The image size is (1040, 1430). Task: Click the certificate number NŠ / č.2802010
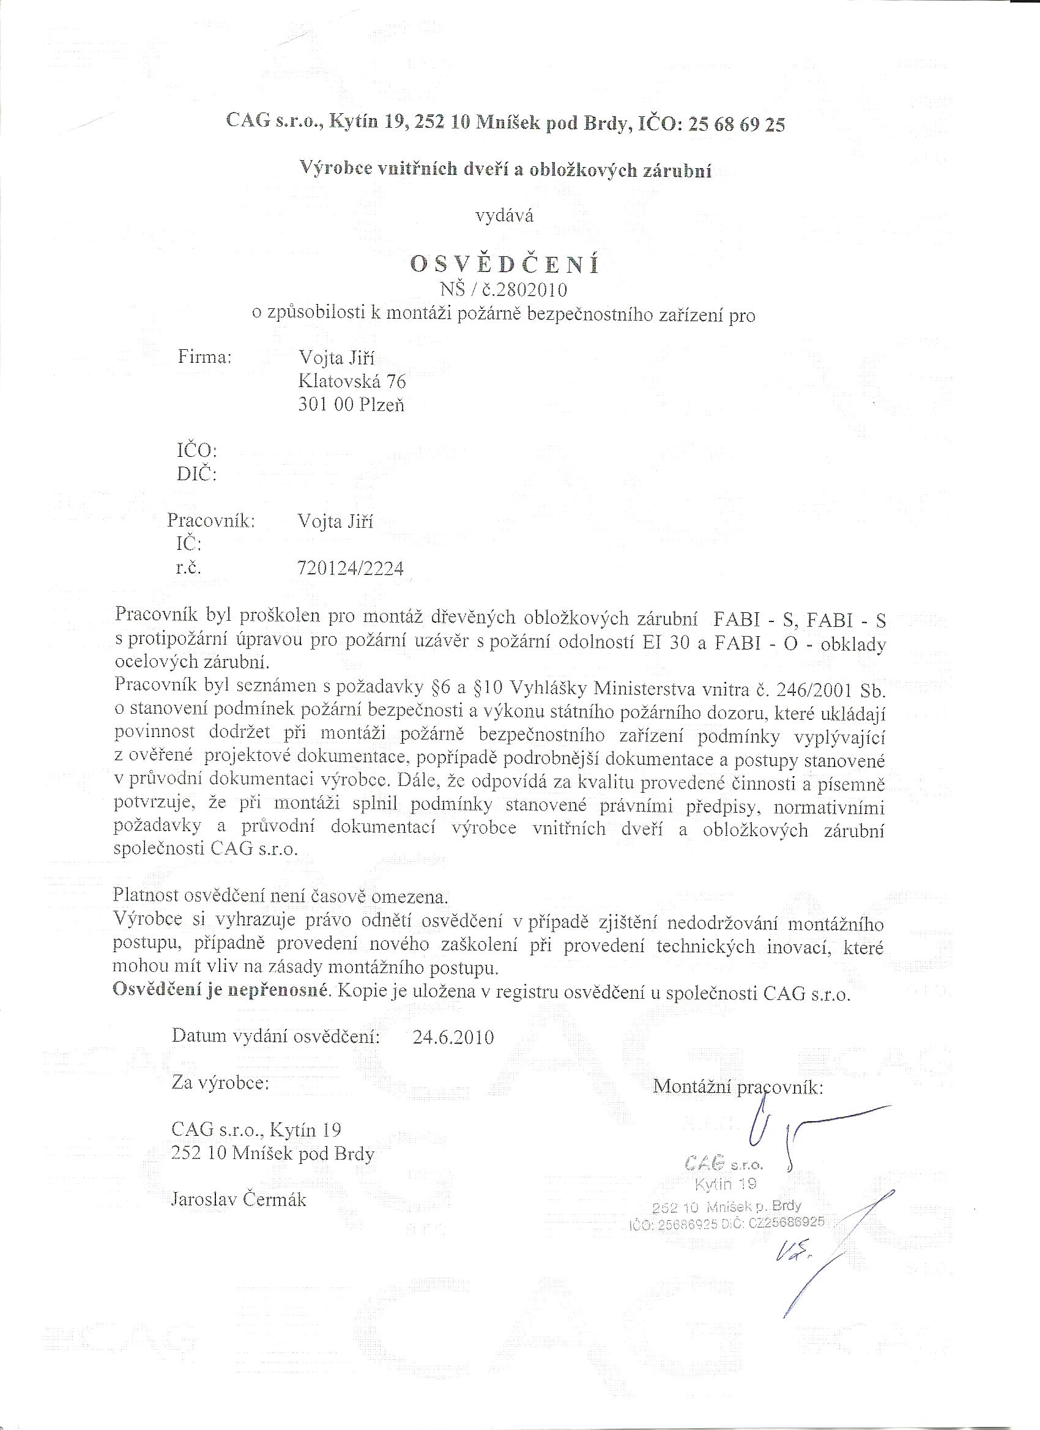click(x=504, y=290)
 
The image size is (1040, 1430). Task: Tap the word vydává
click(x=504, y=217)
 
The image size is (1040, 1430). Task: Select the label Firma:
click(x=206, y=357)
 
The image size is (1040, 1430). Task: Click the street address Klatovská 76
click(x=352, y=382)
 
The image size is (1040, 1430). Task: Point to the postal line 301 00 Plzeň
click(x=351, y=405)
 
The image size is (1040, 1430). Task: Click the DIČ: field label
click(x=196, y=473)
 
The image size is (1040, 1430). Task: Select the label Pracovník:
click(x=211, y=522)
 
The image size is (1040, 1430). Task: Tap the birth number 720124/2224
click(x=350, y=569)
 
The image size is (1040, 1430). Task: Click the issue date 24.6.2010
click(x=453, y=1037)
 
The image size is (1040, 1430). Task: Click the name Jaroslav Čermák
click(x=239, y=1199)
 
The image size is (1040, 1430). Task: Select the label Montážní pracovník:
click(x=738, y=1087)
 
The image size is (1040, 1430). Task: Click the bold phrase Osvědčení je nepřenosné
click(x=221, y=990)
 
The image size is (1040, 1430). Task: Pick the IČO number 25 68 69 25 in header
click(x=737, y=125)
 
